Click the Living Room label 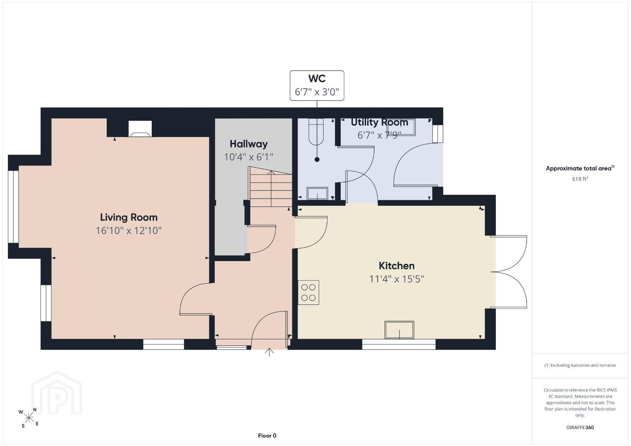129,218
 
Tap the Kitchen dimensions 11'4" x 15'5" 397,279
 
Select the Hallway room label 249,144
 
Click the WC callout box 317,85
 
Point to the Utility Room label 380,122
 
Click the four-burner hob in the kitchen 308,292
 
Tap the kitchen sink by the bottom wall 399,330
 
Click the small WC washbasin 317,193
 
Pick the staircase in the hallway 270,187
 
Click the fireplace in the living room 140,129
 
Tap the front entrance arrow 269,352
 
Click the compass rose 29,418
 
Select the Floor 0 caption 267,436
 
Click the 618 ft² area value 580,179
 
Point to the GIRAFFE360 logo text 580,427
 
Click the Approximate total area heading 580,168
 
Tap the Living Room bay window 13,206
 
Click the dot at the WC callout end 317,159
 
